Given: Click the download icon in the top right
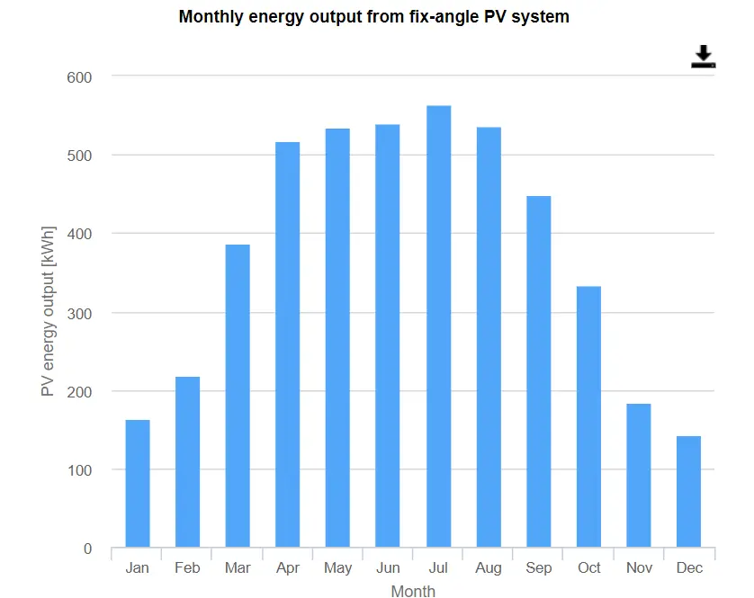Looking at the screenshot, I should point(703,57).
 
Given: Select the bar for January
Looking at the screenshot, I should point(138,484).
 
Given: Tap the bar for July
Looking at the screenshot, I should point(438,326).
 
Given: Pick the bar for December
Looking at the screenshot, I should point(688,492).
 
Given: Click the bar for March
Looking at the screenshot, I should point(238,396).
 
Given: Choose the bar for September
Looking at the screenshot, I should point(538,371).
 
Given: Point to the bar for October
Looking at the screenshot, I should point(588,417).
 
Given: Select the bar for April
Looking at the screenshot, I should point(288,344).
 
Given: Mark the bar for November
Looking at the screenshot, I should point(639,476).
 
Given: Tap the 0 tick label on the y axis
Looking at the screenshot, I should point(87,549).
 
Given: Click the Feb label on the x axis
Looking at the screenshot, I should point(187,568).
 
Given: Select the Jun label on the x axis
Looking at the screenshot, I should point(388,568).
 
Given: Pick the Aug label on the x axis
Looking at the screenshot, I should point(488,568).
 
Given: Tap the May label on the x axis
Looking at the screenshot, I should point(337,568).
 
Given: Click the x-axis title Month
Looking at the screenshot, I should point(413,591).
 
